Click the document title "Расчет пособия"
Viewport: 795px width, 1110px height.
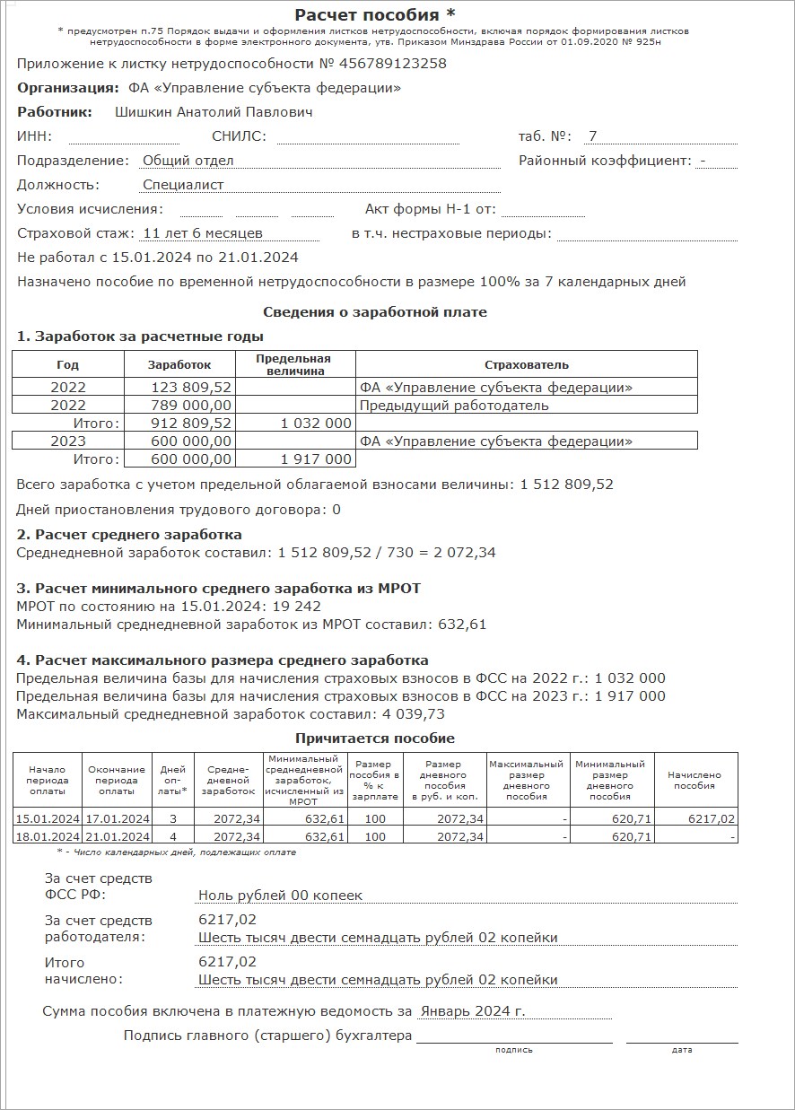(362, 15)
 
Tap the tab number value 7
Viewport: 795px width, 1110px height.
(592, 136)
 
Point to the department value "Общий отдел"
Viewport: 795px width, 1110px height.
(188, 161)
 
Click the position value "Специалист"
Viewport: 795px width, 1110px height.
(183, 185)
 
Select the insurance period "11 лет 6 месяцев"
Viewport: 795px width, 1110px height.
(203, 233)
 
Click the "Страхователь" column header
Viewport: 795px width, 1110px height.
(526, 365)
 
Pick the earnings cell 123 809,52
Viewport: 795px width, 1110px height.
(192, 388)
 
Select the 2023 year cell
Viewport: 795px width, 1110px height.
(68, 441)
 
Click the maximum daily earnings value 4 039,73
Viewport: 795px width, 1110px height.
(410, 714)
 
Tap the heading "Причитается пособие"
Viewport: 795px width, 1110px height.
(375, 739)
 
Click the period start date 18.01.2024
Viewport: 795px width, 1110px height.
(48, 836)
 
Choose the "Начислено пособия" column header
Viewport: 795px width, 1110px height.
(695, 781)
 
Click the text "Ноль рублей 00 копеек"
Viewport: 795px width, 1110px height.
(280, 896)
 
